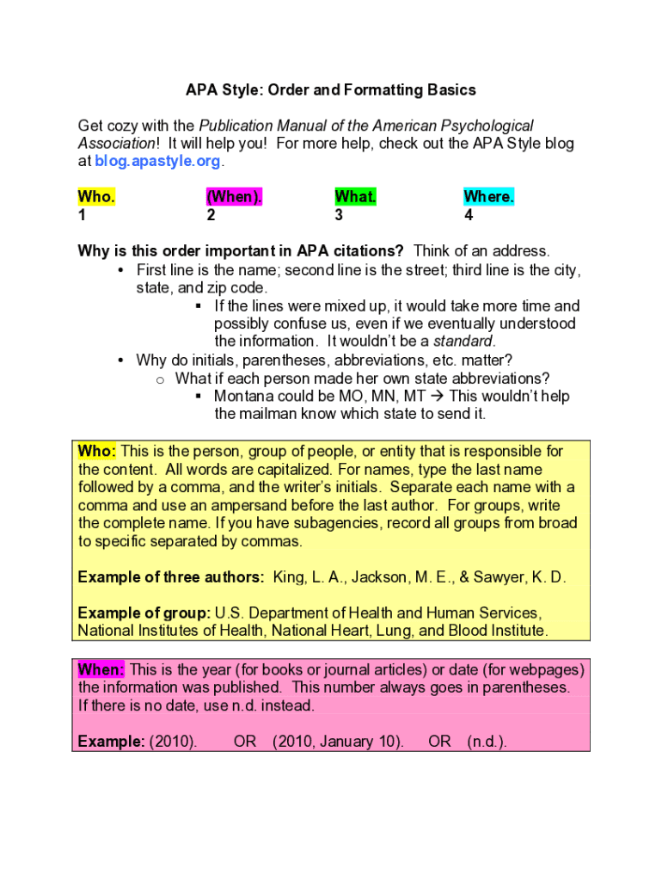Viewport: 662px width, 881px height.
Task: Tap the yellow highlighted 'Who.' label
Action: [x=96, y=197]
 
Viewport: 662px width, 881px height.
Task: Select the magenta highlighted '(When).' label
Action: [x=234, y=197]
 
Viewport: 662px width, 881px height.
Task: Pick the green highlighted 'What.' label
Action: [x=356, y=197]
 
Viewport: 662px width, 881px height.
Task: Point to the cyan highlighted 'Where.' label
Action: [x=488, y=197]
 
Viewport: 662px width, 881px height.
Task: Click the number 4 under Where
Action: [x=469, y=216]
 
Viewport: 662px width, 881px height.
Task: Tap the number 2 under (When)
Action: [x=211, y=216]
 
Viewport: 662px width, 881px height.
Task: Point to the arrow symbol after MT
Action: [x=437, y=397]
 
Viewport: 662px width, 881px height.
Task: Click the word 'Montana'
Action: [x=243, y=397]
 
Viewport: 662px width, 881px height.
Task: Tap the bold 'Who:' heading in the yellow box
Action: [x=96, y=452]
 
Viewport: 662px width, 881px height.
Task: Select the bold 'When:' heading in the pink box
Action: [x=101, y=669]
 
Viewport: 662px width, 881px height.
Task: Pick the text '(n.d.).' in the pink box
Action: [x=487, y=742]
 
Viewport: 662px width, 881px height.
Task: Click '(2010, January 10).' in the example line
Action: [x=338, y=742]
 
